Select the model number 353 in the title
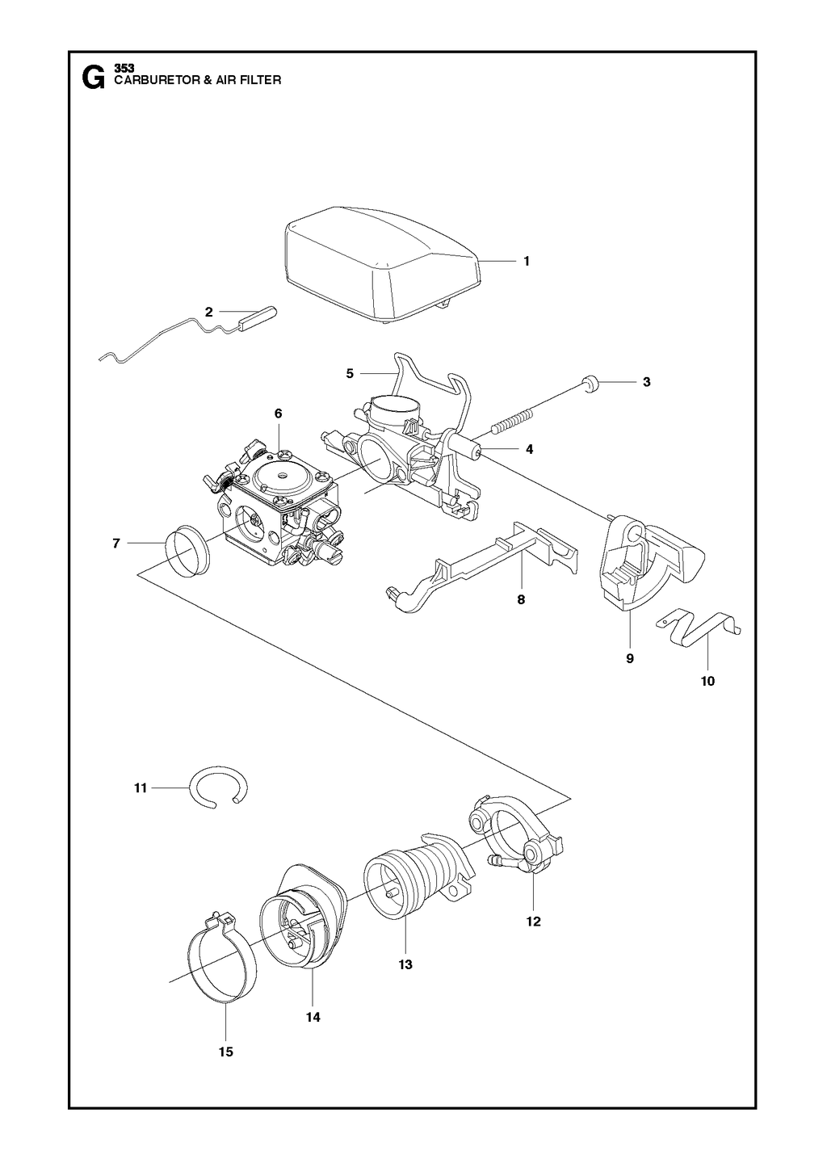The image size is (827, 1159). pyautogui.click(x=124, y=68)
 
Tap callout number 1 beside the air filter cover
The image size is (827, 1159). pyautogui.click(x=527, y=262)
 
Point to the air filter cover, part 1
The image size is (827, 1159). pyautogui.click(x=384, y=264)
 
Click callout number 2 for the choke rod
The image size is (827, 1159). pyautogui.click(x=208, y=312)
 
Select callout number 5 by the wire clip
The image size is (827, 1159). pyautogui.click(x=350, y=374)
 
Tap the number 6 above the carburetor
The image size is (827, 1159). pyautogui.click(x=279, y=414)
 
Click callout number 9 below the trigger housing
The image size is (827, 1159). pyautogui.click(x=630, y=659)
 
